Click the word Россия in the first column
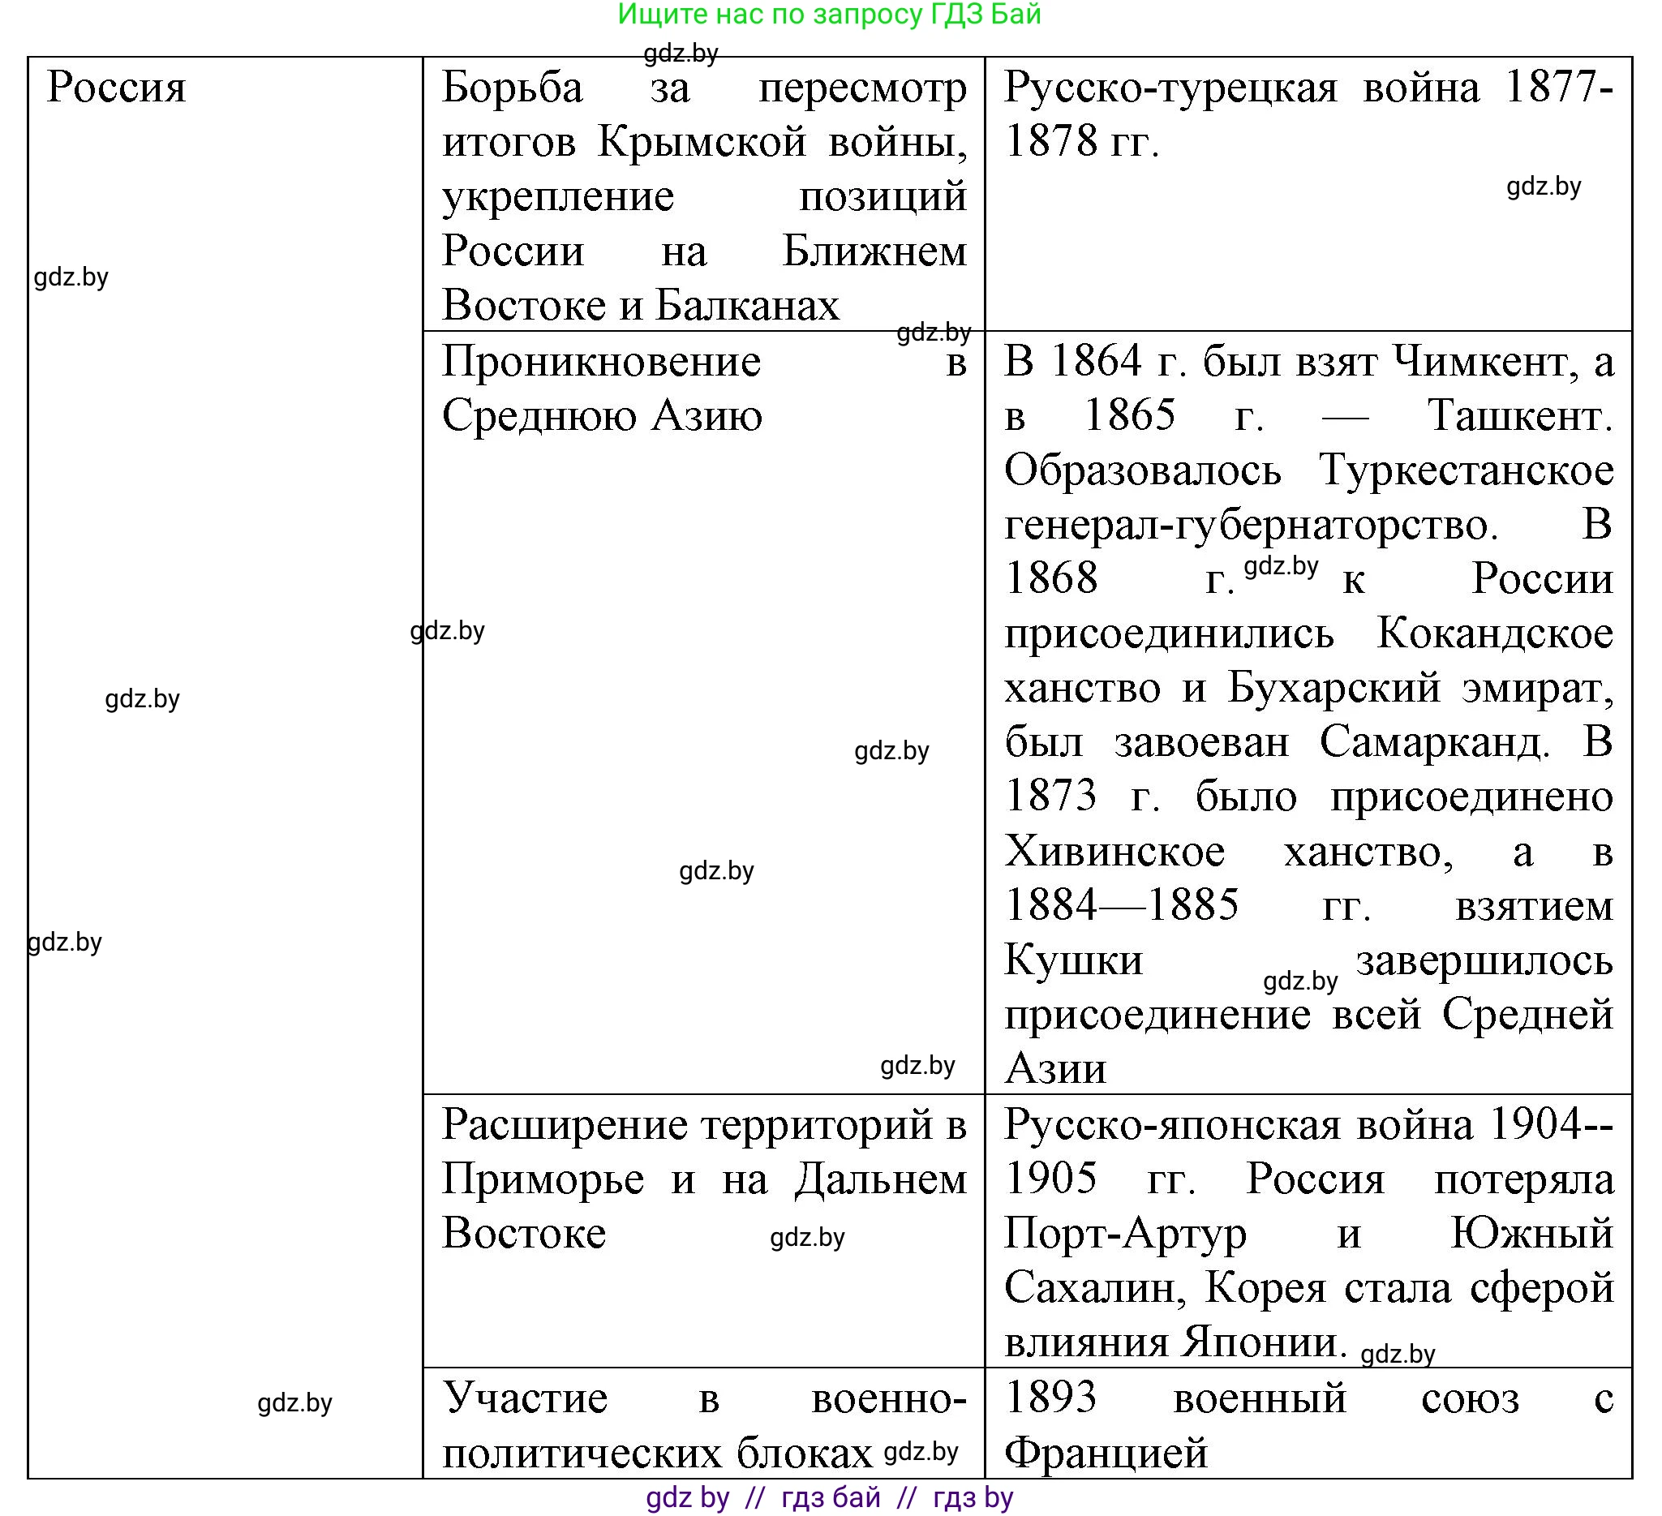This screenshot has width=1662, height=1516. (116, 88)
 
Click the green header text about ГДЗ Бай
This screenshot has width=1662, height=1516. (829, 15)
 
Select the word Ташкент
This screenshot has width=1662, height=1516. (1519, 416)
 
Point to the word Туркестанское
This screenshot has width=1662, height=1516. (1466, 470)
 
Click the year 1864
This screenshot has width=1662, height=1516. (1097, 362)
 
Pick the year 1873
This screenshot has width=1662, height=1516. (1050, 797)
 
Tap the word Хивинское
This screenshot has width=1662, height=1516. (1114, 852)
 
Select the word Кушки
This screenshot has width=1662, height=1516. (1073, 960)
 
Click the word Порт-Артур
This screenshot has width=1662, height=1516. (1125, 1234)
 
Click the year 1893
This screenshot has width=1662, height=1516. (1051, 1399)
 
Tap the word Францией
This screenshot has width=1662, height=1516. (1106, 1454)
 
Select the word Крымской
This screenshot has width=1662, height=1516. (702, 142)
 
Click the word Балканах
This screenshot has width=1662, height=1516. (747, 305)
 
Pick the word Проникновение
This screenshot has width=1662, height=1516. (601, 362)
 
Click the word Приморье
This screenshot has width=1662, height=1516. (543, 1179)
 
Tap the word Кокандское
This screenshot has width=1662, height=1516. (1495, 634)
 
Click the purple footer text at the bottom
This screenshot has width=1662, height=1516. (829, 1498)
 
